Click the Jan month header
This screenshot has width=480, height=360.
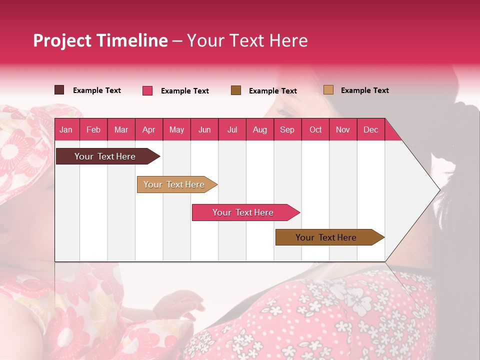[x=66, y=129]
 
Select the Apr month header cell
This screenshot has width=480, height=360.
[x=148, y=129]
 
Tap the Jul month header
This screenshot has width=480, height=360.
[x=232, y=129]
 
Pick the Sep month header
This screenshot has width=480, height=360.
[x=287, y=129]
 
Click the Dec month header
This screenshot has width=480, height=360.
[x=370, y=129]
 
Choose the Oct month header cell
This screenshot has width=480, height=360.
[x=315, y=129]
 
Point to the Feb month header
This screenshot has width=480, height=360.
[x=93, y=129]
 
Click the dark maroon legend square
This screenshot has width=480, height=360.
[x=59, y=90]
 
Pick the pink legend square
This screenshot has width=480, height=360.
[x=147, y=90]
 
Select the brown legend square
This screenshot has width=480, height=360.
[x=236, y=90]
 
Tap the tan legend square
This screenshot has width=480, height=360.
[x=328, y=90]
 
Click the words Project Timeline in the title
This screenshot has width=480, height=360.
[x=100, y=40]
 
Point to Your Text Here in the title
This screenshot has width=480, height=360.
[x=247, y=40]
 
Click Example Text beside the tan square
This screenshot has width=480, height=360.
[x=364, y=90]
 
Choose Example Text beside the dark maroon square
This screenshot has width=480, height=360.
[x=97, y=90]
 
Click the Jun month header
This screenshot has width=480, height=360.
[x=204, y=129]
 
